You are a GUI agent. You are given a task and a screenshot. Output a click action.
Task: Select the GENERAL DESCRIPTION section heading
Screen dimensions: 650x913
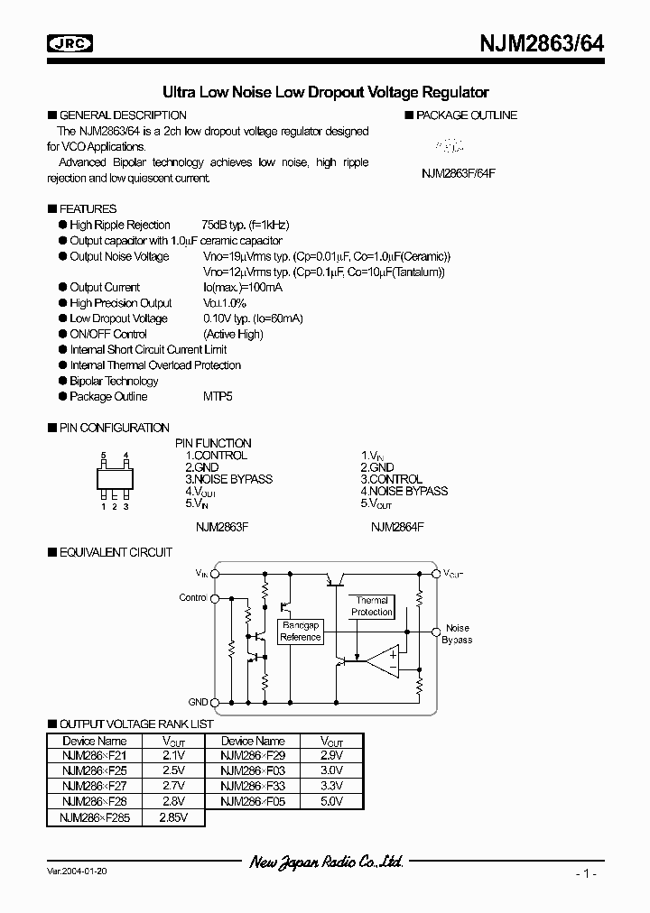[x=123, y=115]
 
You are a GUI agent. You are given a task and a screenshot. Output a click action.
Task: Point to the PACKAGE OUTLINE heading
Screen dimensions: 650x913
[x=466, y=115]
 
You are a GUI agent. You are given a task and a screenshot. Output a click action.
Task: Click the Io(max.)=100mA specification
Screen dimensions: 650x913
[x=242, y=287]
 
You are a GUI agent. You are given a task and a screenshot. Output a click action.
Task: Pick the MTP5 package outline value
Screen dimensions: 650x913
[x=219, y=396]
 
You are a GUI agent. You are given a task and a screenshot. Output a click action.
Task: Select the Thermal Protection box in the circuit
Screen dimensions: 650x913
[x=372, y=606]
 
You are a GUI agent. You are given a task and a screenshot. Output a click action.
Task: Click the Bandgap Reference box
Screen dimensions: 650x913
[x=301, y=631]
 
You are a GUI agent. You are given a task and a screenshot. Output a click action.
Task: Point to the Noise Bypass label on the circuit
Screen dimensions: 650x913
[x=457, y=633]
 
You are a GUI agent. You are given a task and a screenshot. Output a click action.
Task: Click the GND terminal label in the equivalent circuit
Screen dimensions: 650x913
[x=198, y=701]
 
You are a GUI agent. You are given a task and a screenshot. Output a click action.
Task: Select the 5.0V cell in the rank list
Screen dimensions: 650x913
[x=331, y=800]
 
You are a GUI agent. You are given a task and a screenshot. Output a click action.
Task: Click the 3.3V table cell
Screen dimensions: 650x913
[x=331, y=786]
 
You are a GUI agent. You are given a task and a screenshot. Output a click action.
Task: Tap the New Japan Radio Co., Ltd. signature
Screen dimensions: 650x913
[x=326, y=862]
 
